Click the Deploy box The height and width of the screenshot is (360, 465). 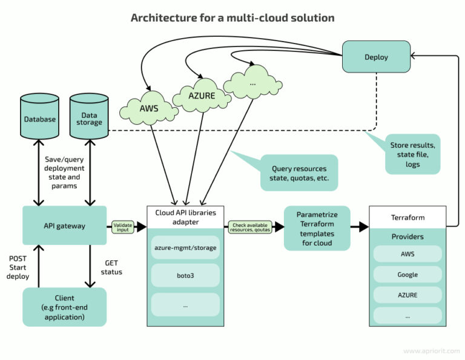376,57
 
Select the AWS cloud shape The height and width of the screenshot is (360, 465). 149,110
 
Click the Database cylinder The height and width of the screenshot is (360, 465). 40,119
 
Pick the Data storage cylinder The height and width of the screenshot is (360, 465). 89,119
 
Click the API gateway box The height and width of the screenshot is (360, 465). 64,226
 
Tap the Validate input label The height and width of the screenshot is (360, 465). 122,226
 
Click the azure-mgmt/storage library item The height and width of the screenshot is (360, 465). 185,248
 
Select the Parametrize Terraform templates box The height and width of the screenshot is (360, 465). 317,227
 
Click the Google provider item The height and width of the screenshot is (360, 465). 407,274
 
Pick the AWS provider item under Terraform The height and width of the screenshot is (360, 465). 407,254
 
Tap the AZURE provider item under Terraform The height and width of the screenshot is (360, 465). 407,295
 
